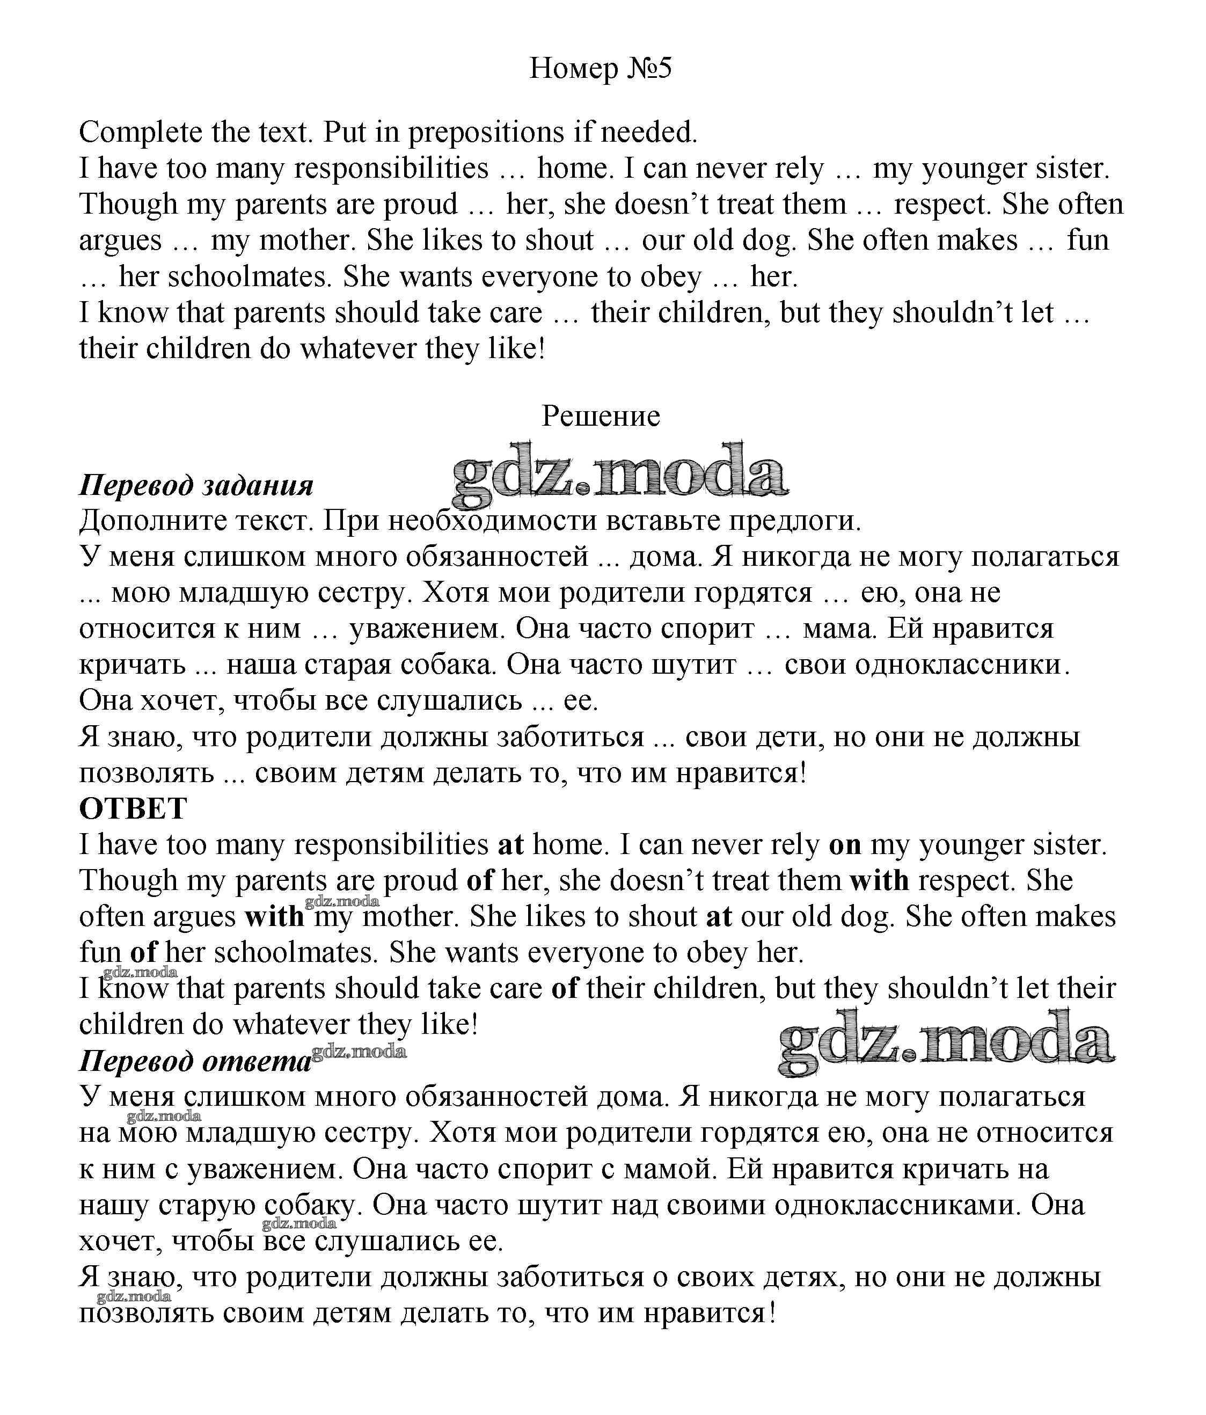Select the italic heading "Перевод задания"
[x=196, y=485]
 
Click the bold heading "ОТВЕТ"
[x=133, y=808]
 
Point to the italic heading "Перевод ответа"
[x=195, y=1061]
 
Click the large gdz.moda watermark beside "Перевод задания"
[x=620, y=474]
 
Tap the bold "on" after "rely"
[x=845, y=845]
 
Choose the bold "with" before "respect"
[x=879, y=880]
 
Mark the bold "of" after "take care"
[x=564, y=988]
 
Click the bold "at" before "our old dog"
[x=719, y=916]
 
